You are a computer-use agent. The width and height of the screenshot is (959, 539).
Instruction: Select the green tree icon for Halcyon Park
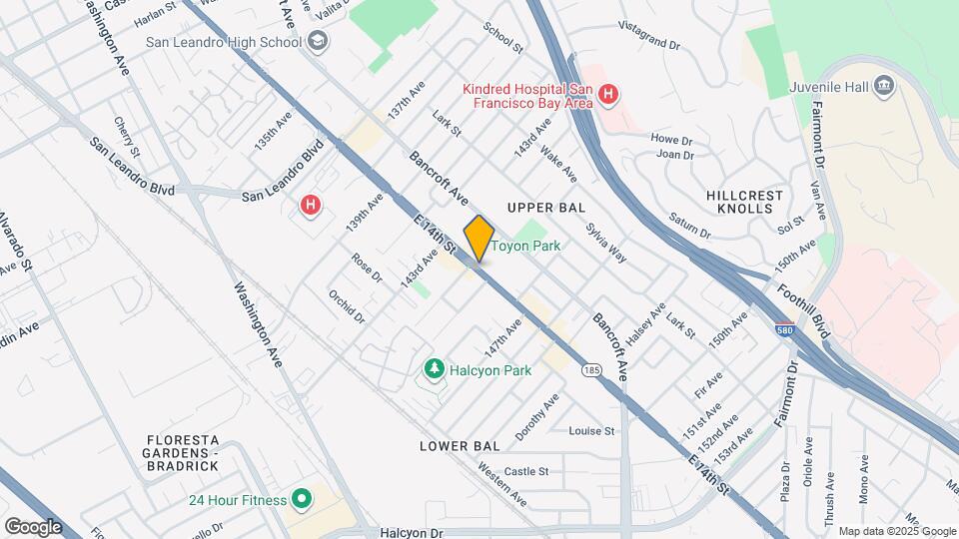434,370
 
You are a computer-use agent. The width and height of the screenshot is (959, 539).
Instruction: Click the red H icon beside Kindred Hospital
609,96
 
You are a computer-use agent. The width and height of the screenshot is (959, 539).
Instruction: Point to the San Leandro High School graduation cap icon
318,42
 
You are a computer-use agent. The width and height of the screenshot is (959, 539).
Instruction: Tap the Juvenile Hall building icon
884,87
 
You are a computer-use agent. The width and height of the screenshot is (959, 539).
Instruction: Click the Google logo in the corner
33,527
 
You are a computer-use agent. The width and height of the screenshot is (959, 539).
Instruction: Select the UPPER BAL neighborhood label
545,208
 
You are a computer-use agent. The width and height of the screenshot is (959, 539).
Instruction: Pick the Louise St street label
591,431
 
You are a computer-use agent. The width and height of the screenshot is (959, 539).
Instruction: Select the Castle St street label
526,471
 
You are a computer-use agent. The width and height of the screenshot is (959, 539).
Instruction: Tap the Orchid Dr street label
348,306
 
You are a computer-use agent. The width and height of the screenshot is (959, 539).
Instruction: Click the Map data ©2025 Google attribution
897,531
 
